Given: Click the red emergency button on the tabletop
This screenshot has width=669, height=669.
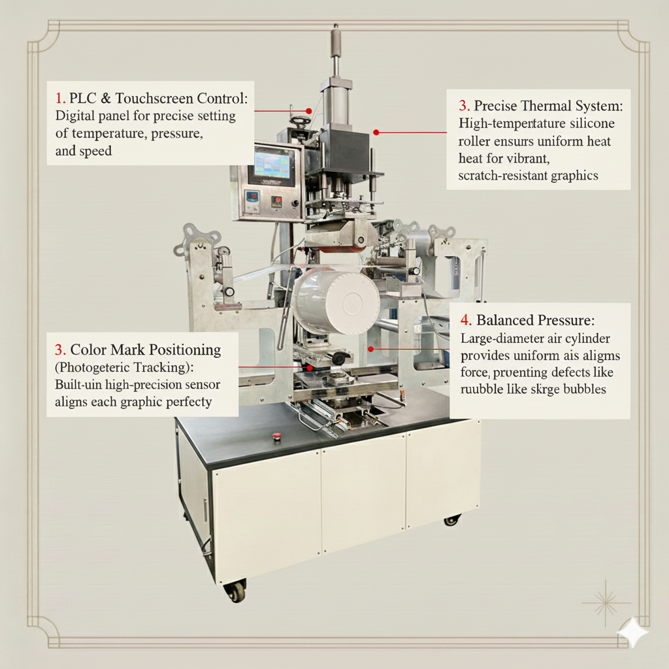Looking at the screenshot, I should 276,436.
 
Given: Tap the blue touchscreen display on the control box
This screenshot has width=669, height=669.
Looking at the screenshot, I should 274,167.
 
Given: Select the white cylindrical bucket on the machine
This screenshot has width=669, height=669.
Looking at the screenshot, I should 336,302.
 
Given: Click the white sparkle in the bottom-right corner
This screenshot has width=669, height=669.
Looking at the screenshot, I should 633,632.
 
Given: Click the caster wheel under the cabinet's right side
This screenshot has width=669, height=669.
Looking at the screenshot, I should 451,520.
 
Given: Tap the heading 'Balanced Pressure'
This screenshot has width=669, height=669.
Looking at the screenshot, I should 535,320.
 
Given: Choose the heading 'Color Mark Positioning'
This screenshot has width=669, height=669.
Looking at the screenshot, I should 145,350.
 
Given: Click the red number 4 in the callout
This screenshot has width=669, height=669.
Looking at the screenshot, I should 465,320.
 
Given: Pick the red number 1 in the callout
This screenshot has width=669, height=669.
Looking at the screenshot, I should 60,99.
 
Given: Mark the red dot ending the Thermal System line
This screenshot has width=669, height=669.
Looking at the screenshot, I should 376,132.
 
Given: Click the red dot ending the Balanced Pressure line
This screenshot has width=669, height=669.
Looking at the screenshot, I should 370,349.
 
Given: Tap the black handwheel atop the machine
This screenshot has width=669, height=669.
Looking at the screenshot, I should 300,122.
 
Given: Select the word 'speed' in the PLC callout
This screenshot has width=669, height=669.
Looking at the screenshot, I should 94,151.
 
